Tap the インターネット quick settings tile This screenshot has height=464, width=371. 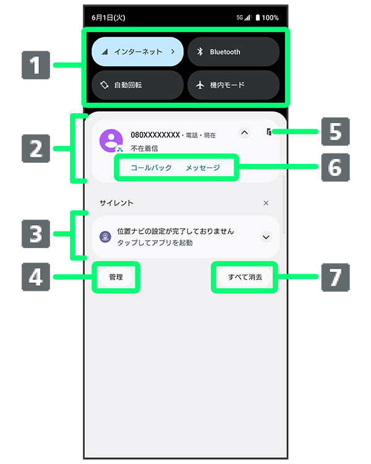point(137,52)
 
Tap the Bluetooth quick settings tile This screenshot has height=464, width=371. point(233,52)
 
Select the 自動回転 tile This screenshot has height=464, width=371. point(137,85)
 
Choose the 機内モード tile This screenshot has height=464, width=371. point(233,85)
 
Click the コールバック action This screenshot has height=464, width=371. point(151,168)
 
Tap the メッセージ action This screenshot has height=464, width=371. point(203,168)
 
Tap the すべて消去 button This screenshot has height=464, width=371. point(245,277)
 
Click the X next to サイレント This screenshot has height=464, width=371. point(266,203)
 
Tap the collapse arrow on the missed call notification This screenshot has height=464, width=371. point(244,132)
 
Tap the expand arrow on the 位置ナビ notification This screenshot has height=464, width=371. point(266,237)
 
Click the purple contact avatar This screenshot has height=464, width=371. point(111,140)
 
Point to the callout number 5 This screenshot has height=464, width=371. point(335,131)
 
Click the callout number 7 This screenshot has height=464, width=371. point(335,277)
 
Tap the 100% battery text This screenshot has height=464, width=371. point(270,18)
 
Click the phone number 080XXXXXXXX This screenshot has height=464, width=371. point(155,135)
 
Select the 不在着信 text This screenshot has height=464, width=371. point(143,148)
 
